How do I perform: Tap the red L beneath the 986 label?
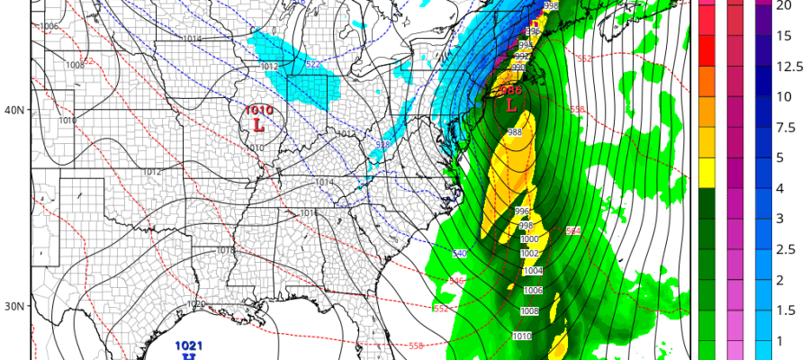[x=511, y=105]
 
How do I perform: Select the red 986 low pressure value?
[x=511, y=91]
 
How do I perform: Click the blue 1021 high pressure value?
[x=189, y=346]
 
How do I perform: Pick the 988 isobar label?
[x=514, y=132]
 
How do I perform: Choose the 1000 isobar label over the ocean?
[x=529, y=238]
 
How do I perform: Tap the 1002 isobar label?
[x=530, y=254]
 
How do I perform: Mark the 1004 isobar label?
[x=533, y=270]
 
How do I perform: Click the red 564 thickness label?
[x=572, y=231]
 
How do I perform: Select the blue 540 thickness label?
[x=459, y=255]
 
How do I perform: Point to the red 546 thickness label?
[x=456, y=283]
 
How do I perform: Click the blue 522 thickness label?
[x=312, y=66]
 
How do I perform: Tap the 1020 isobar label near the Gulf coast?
[x=195, y=304]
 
